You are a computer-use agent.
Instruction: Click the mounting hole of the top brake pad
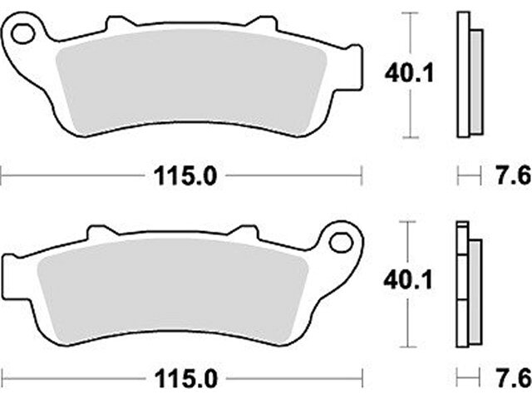click(x=22, y=34)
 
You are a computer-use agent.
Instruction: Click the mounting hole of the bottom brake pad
click(x=342, y=242)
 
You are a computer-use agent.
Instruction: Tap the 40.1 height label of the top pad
click(x=409, y=73)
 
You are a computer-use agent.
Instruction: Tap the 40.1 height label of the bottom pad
click(x=408, y=281)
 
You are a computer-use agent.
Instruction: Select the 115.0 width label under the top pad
click(x=185, y=176)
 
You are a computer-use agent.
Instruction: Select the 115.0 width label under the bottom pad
click(x=185, y=379)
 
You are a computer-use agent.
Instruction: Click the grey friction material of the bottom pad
click(x=172, y=290)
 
